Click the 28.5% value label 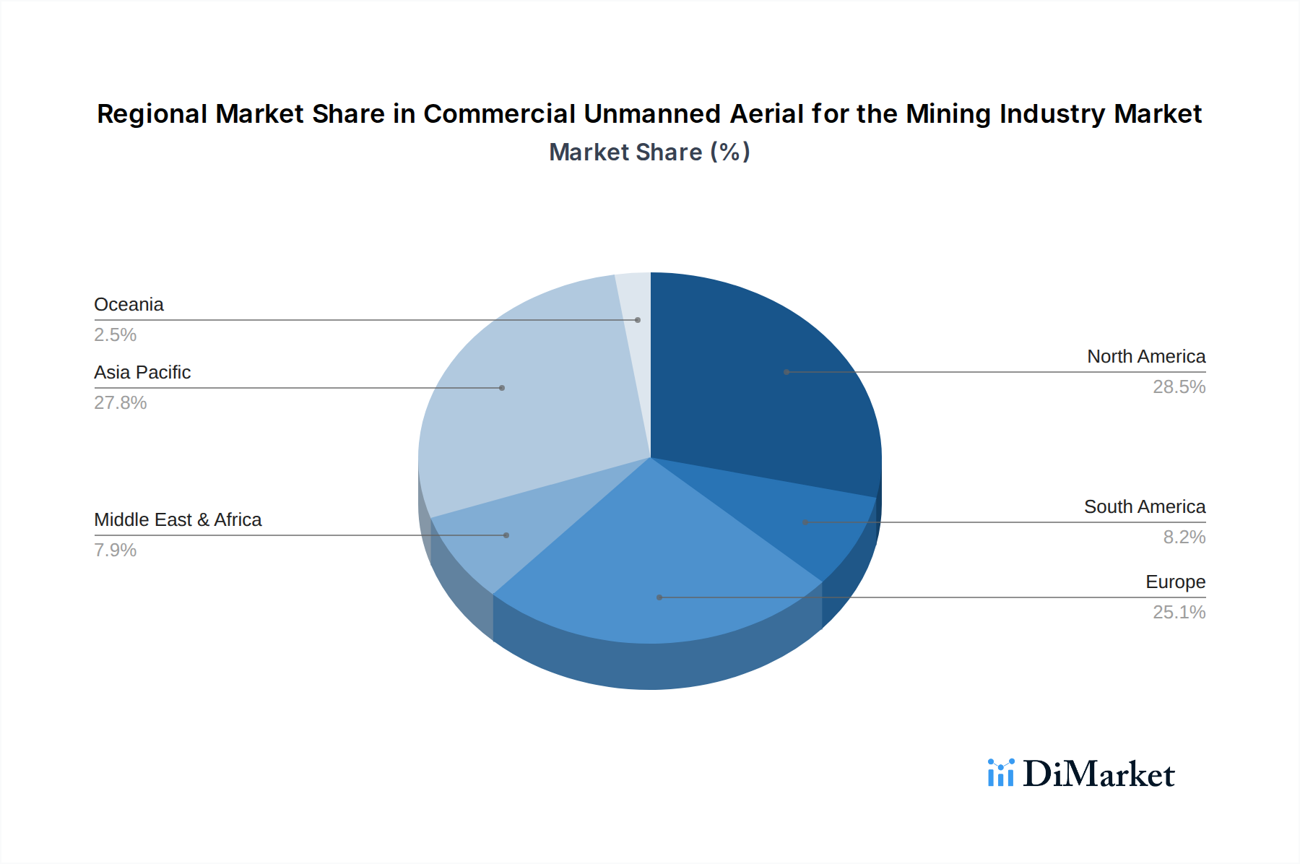[1179, 387]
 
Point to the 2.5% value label [115, 335]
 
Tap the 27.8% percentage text [120, 403]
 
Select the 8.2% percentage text [1184, 537]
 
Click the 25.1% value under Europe [1179, 613]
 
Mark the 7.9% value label [115, 550]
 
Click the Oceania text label [129, 305]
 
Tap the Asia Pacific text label [142, 373]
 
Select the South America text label [1144, 507]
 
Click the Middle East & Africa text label [178, 520]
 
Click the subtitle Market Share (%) [649, 152]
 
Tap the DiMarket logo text [1098, 774]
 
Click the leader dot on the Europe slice [659, 597]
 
